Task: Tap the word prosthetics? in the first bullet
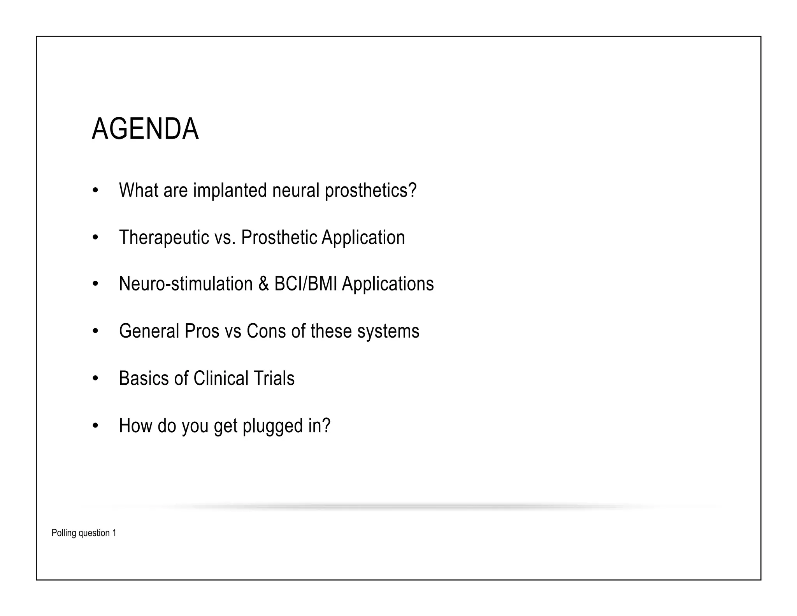coord(370,190)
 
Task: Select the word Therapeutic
coord(164,238)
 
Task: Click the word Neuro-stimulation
coord(186,284)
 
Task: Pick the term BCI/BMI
coord(305,284)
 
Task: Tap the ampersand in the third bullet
coord(263,284)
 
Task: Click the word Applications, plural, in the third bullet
coord(388,284)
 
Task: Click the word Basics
coord(144,378)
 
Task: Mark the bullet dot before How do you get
coord(95,426)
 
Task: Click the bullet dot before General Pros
coord(95,331)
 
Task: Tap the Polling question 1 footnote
coord(84,533)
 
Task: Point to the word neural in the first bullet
coord(296,190)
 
